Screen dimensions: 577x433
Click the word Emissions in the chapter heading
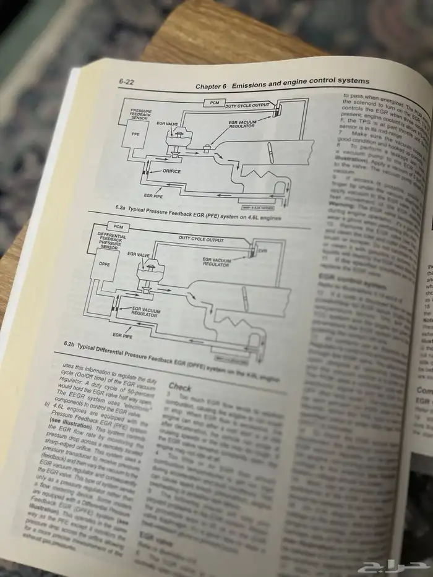253,83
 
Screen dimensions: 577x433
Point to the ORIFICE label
171,171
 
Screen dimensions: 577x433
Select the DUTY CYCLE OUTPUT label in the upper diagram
247,106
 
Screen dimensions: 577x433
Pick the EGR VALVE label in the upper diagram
168,124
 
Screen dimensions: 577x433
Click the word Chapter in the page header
211,85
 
